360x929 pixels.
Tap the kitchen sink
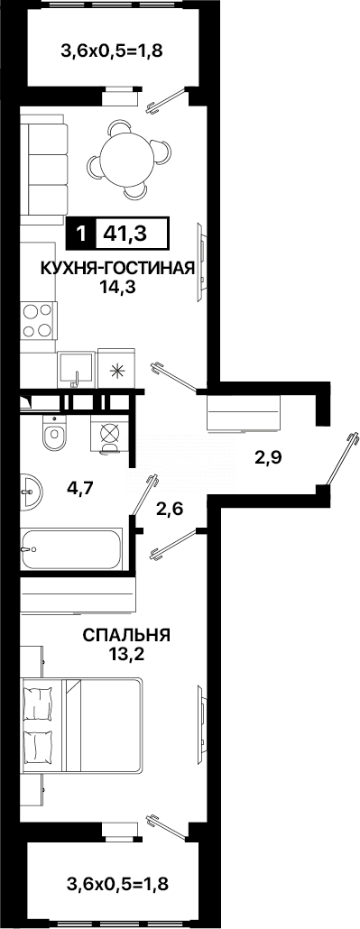click(76, 368)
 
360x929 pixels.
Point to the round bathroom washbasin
click(30, 492)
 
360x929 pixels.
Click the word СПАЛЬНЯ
click(126, 635)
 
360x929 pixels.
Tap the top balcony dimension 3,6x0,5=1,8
click(110, 51)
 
